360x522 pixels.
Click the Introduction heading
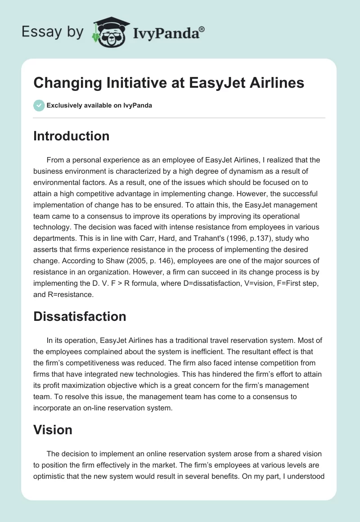tap(71, 136)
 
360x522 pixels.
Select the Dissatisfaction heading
tap(80, 316)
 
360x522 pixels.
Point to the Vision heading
tap(53, 430)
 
